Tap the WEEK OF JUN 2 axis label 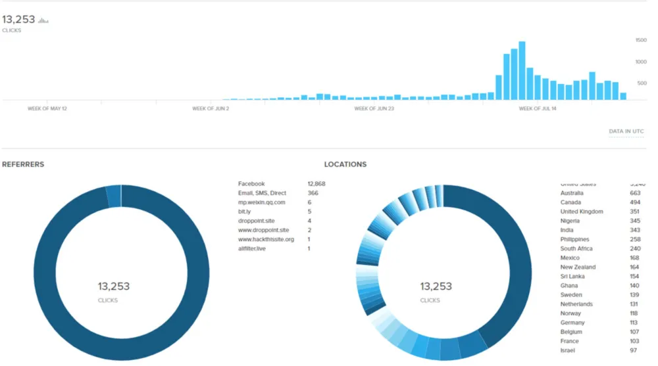tap(211, 108)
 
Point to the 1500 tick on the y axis tap(640, 41)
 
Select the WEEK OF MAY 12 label tap(47, 108)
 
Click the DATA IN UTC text tap(626, 131)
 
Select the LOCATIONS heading tap(345, 164)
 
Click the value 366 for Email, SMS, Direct tap(313, 193)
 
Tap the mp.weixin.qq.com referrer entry tap(261, 202)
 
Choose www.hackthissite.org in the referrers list tap(266, 239)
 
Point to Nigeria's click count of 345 tap(634, 221)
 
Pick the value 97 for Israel tap(633, 350)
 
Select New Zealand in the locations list tap(578, 267)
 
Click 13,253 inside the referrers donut tap(114, 286)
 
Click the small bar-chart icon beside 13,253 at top tap(43, 21)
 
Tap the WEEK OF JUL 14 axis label tap(538, 108)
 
